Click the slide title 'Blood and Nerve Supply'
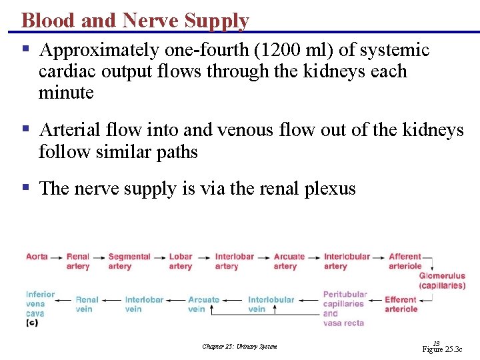pos(135,21)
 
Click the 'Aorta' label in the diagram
pos(37,257)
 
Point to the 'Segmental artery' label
pos(129,261)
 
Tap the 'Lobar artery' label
pos(181,261)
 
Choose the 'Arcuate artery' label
pos(289,261)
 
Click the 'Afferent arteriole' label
pos(405,261)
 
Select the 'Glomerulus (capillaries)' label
pos(442,281)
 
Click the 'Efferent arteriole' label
pos(401,304)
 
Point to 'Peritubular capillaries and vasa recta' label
pos(345,309)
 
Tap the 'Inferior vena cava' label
pos(39,304)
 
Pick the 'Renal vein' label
pos(87,304)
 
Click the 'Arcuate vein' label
pos(203,304)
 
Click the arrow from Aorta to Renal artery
pos(57,257)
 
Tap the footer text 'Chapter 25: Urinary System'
pos(239,347)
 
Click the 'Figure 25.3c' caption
pos(442,349)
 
